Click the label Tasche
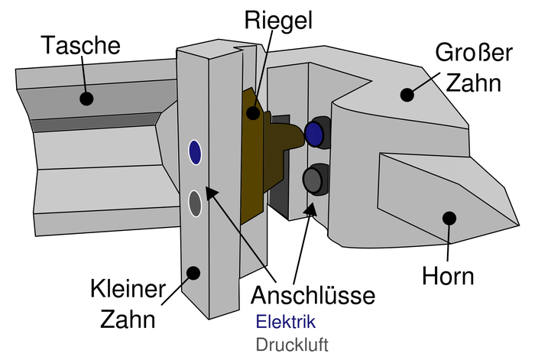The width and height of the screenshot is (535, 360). [82, 45]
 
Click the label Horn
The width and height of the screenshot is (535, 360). [449, 275]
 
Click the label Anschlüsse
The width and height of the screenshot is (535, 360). [315, 294]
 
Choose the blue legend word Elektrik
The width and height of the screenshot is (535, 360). [285, 321]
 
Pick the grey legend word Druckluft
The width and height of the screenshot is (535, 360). [293, 344]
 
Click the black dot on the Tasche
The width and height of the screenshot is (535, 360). [86, 99]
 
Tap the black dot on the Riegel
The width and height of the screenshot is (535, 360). [252, 113]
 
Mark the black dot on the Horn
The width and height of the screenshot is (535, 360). [449, 218]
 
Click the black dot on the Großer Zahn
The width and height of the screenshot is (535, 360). [407, 95]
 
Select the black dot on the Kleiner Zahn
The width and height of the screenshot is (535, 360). [194, 271]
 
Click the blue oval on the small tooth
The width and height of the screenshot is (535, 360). [195, 152]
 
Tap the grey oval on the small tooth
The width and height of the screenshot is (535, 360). [195, 203]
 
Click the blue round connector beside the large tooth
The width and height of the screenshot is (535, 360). [314, 134]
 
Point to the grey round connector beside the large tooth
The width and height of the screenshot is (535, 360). [313, 180]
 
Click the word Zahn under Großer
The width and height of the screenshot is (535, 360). [476, 83]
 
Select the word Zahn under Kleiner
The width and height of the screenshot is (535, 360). [128, 319]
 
